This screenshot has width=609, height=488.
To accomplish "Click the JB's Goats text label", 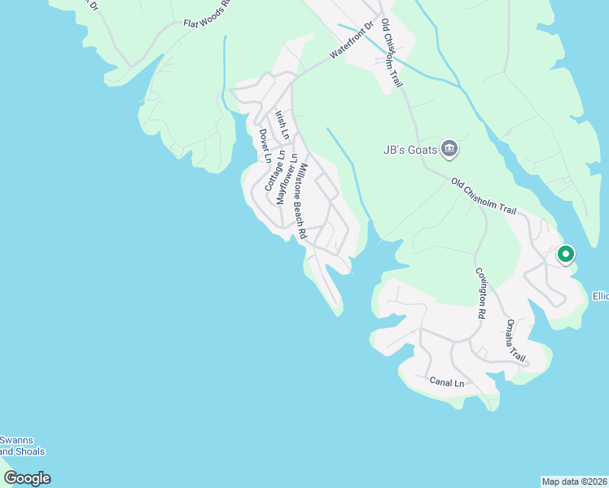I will pyautogui.click(x=410, y=150).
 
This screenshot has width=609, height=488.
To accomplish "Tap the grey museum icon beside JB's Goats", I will pyautogui.click(x=449, y=149).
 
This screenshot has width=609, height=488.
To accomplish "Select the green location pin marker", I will pyautogui.click(x=565, y=255).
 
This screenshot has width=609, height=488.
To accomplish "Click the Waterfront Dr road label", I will pyautogui.click(x=351, y=41).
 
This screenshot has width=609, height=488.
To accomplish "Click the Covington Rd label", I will pyautogui.click(x=481, y=293).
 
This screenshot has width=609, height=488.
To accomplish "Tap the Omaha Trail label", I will pyautogui.click(x=515, y=340).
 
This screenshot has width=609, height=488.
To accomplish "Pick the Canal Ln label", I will pyautogui.click(x=447, y=381).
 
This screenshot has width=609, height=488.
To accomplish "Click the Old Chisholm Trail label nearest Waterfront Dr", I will pyautogui.click(x=392, y=54).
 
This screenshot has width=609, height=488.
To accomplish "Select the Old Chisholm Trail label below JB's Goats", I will pyautogui.click(x=484, y=197).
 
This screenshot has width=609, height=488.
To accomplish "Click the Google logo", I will pyautogui.click(x=27, y=478).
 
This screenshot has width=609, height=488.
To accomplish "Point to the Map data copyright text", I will pyautogui.click(x=574, y=481).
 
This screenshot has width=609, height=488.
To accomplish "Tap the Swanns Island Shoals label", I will pyautogui.click(x=22, y=446).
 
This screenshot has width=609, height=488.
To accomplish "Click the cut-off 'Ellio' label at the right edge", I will pyautogui.click(x=600, y=295).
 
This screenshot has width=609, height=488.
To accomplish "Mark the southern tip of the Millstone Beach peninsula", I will pyautogui.click(x=338, y=313).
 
